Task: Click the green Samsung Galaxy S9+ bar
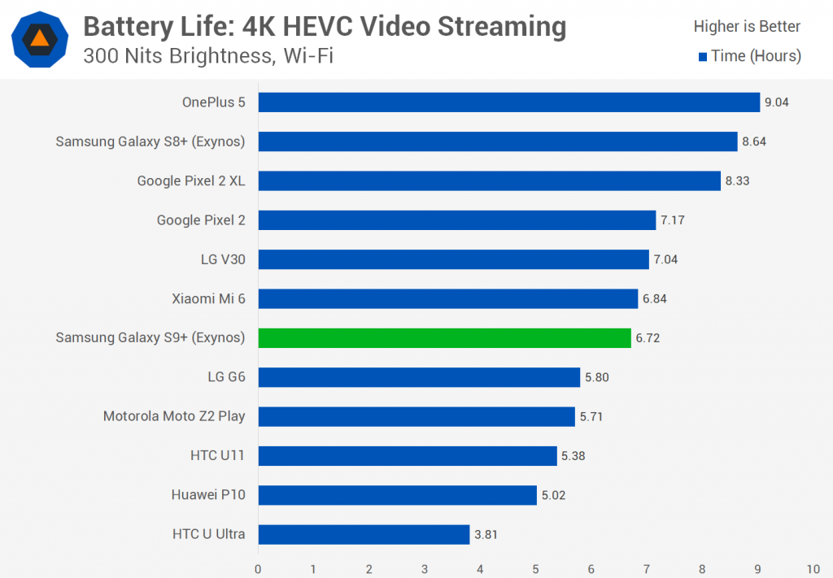click(x=444, y=338)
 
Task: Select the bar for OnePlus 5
click(x=508, y=102)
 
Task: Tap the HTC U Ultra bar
click(x=364, y=534)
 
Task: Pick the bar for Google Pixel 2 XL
click(x=489, y=180)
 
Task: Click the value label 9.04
click(x=776, y=102)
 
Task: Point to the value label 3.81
click(x=486, y=534)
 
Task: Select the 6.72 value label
click(x=648, y=338)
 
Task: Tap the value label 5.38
click(x=573, y=456)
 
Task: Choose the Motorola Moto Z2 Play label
click(x=174, y=416)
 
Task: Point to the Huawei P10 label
click(x=208, y=494)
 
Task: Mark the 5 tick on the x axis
click(x=535, y=569)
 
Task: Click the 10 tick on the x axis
click(x=813, y=569)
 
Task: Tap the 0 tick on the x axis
click(x=258, y=569)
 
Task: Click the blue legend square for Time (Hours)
click(x=703, y=56)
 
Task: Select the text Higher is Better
click(x=747, y=27)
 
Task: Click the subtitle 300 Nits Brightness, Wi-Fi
click(x=207, y=56)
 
